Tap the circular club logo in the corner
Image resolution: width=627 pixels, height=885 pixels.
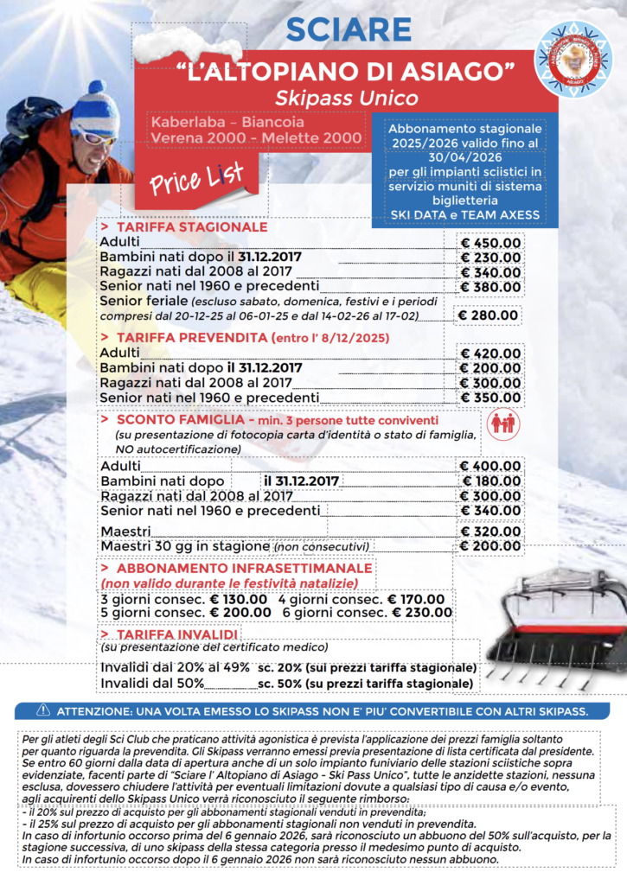(x=573, y=58)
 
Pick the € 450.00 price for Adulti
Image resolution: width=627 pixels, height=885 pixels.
(x=490, y=243)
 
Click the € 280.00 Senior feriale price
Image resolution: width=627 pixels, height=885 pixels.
(x=488, y=315)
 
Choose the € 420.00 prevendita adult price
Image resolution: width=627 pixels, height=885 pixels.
(x=490, y=353)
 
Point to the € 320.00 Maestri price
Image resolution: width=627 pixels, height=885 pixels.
(x=490, y=532)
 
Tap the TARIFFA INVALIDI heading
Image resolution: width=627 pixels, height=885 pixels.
(x=176, y=635)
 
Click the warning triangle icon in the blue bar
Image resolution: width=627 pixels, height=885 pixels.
(x=42, y=711)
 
